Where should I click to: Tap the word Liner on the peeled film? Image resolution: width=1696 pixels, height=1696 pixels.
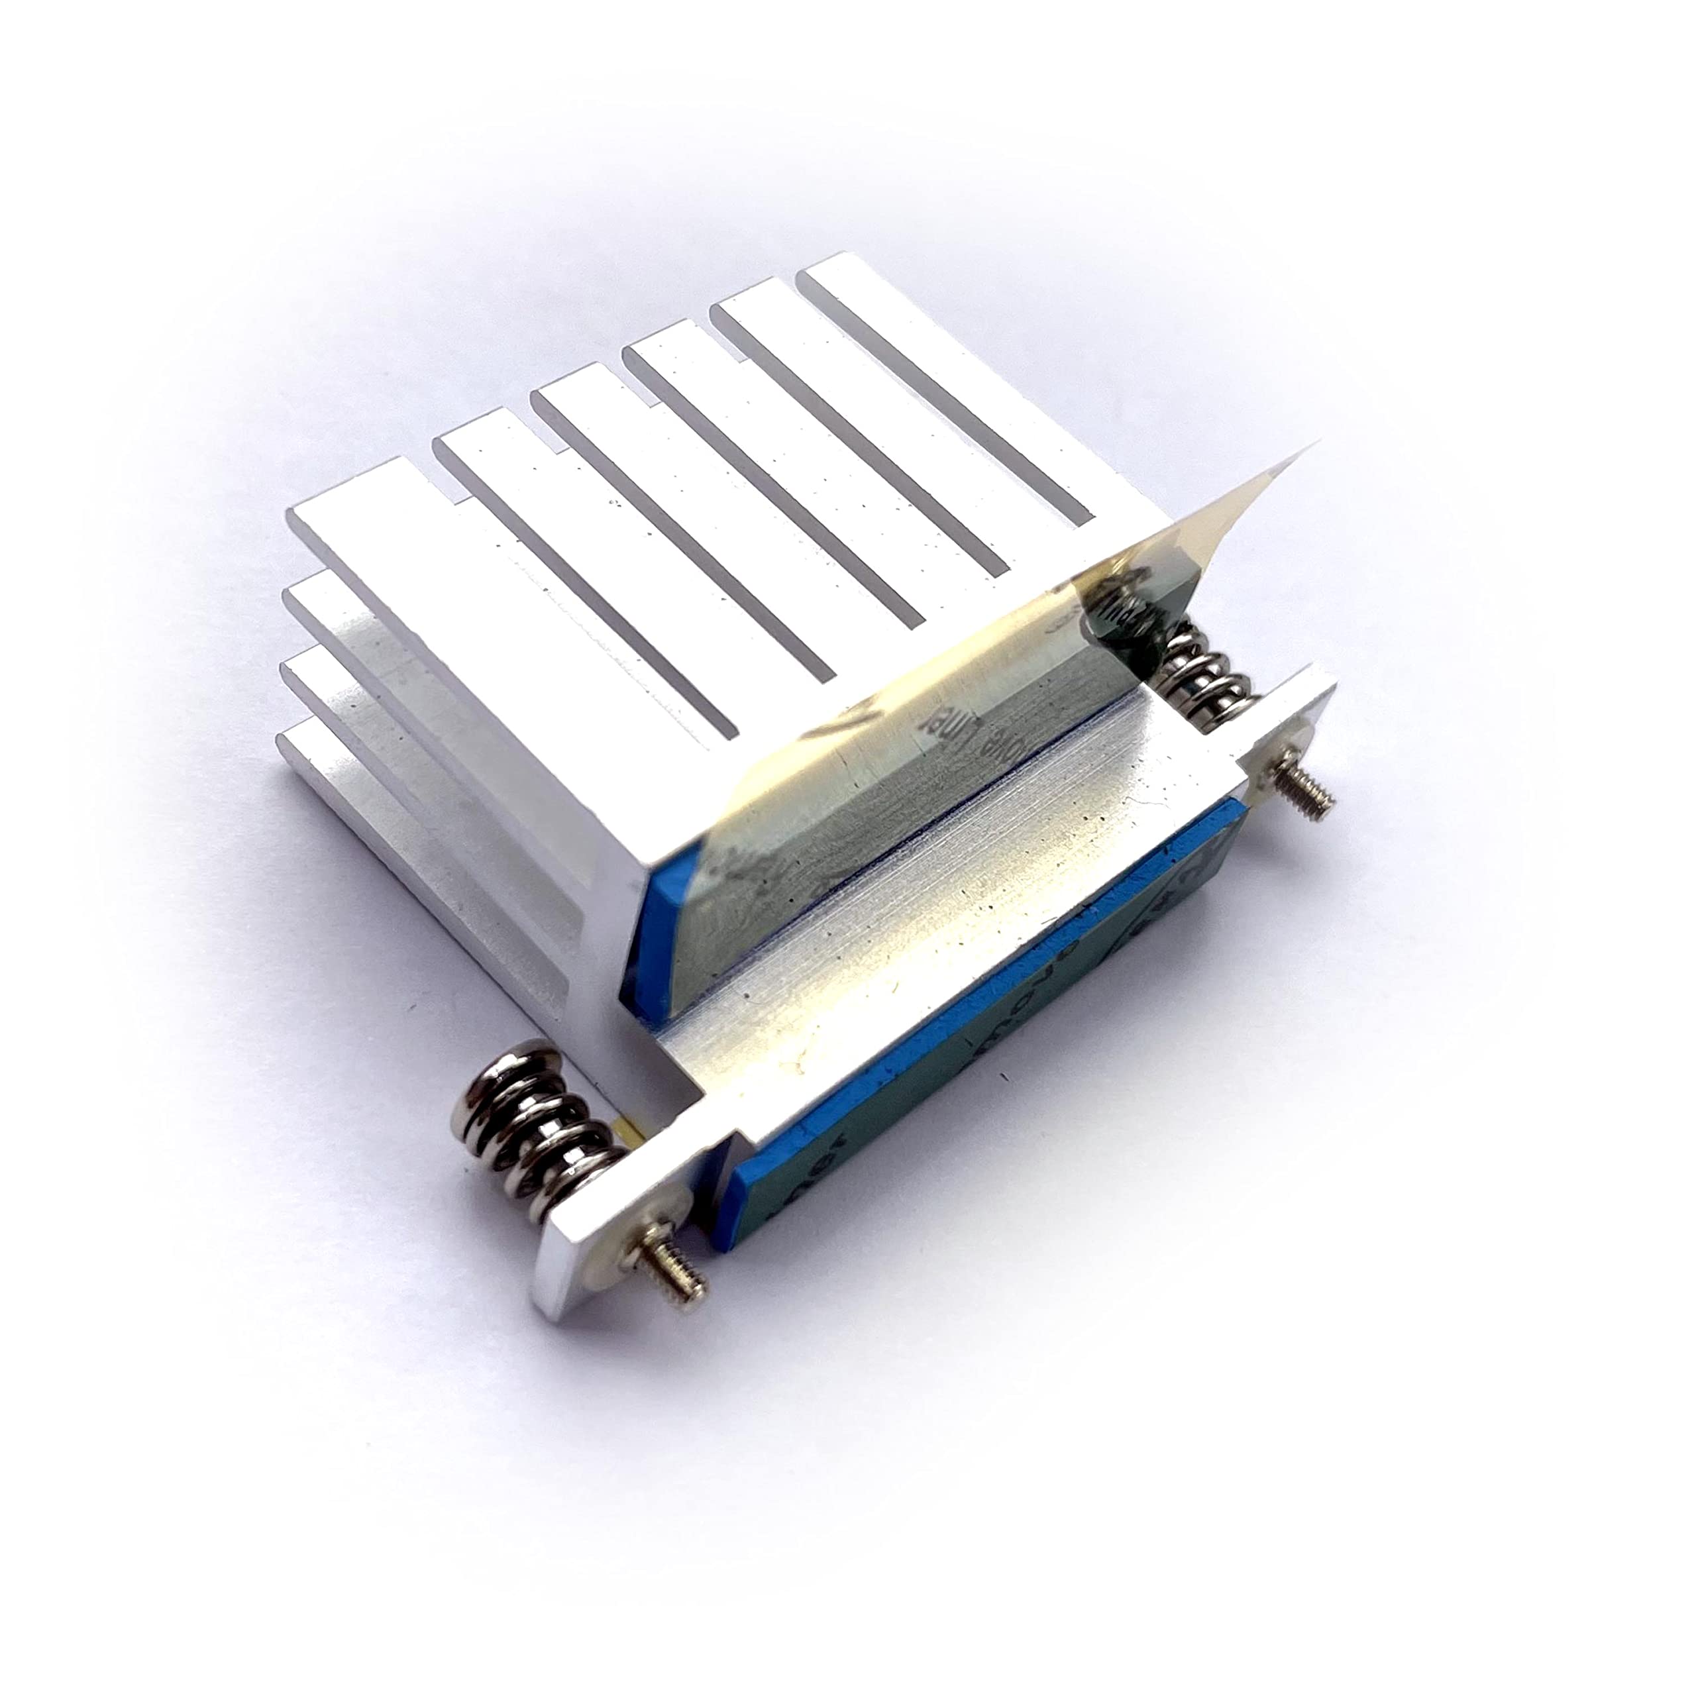pyautogui.click(x=943, y=733)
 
